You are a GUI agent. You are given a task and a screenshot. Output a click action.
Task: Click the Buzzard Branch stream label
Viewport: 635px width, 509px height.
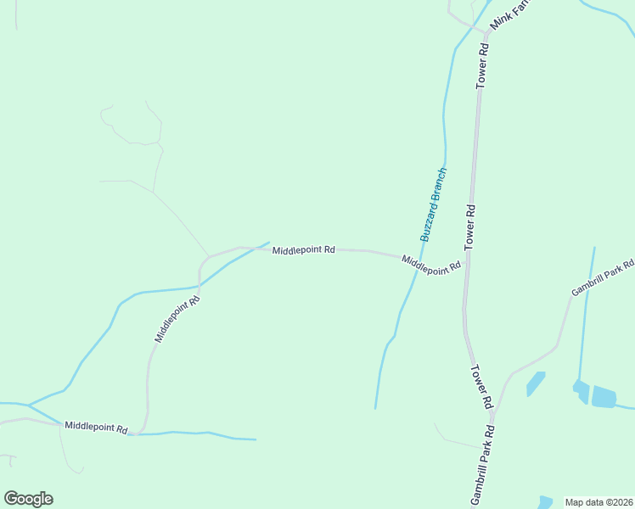point(433,204)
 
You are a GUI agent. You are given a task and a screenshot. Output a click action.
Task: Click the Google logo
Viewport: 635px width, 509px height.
point(28,499)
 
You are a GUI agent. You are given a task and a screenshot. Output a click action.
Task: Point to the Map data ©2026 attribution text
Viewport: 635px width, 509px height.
point(598,502)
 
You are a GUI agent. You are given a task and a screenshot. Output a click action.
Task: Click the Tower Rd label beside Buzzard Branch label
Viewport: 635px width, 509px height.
point(469,227)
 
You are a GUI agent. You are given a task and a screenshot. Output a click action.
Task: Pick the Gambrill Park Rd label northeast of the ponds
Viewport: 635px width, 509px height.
point(602,278)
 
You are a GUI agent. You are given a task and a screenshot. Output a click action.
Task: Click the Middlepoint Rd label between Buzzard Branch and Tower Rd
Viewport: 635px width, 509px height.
point(431,265)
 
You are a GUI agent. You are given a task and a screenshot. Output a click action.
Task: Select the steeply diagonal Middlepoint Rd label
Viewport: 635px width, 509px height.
point(177,319)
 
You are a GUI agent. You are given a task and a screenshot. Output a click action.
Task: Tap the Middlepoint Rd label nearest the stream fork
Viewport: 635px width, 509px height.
point(95,427)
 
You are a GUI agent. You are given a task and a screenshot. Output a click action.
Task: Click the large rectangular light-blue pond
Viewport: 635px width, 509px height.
point(603,396)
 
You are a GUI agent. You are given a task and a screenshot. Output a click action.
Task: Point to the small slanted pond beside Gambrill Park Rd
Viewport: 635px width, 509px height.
point(536,383)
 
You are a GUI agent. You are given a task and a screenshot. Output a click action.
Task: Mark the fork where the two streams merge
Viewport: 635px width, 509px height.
point(29,405)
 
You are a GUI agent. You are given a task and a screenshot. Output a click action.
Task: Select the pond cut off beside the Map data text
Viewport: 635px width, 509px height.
point(544,501)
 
